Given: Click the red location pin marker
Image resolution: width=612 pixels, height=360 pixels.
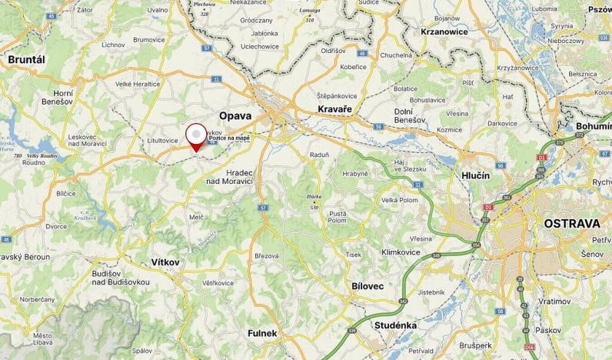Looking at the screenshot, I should click(198, 137).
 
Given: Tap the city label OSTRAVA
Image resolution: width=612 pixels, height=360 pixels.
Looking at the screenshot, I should click(571, 223).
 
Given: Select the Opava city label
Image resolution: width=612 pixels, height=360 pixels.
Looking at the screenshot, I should click(235, 115).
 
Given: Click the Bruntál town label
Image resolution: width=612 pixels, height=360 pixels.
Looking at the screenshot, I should click(27, 59).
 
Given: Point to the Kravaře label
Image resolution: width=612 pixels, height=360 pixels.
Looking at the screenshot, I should click(334, 110).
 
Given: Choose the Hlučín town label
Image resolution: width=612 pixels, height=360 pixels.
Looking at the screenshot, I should click(476, 175).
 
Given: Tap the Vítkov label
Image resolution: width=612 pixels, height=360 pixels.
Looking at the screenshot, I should click(165, 262).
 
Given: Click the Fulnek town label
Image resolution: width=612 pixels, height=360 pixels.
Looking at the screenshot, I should click(262, 333).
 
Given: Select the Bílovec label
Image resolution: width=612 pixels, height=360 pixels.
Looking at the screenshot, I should click(368, 286).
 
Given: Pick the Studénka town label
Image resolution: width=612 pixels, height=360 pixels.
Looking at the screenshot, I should click(394, 325).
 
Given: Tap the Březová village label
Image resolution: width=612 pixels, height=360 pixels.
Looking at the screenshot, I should click(265, 255).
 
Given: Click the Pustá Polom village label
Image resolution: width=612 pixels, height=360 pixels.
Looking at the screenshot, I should click(338, 217).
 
